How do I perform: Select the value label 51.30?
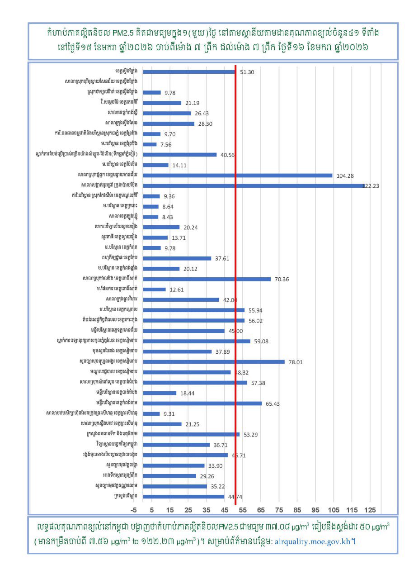pos(247,72)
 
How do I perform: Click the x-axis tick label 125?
pos(370,510)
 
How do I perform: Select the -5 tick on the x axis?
pos(133,510)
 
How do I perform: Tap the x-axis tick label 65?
pos(261,510)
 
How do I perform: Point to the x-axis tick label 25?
pos(188,510)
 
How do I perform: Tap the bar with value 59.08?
pos(197,341)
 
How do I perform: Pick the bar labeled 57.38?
pos(195,383)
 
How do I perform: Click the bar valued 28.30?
pos(169,123)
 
